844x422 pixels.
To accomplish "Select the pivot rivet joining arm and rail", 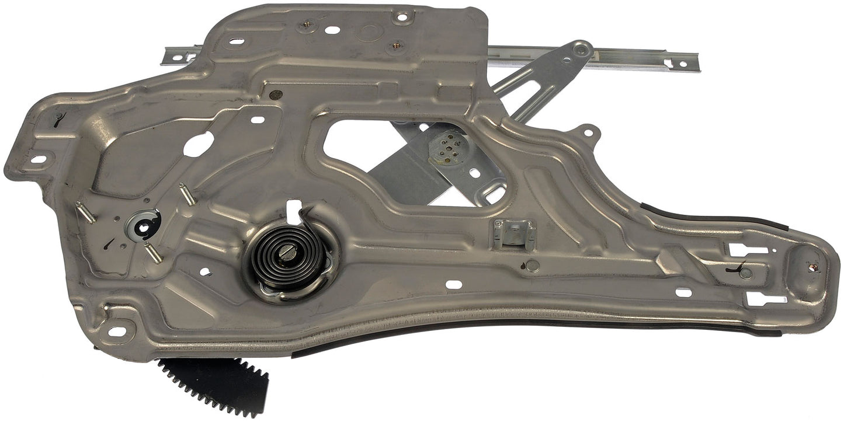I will click(x=580, y=50).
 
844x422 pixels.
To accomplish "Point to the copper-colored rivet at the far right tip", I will click(x=813, y=268).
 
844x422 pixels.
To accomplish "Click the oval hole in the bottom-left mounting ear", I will click(x=117, y=331).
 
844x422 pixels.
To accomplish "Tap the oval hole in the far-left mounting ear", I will click(x=38, y=159).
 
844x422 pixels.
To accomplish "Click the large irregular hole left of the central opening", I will click(x=198, y=144).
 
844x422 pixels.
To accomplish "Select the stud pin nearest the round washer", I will click(x=154, y=253).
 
